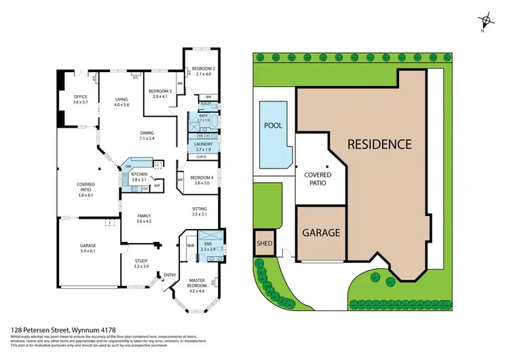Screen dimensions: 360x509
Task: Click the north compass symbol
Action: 485,22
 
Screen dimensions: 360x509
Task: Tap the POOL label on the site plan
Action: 272,126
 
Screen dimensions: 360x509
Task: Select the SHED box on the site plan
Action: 263,243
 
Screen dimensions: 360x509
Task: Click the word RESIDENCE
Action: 379,144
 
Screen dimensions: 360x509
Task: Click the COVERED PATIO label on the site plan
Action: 313,179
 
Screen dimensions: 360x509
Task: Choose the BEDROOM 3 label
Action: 161,94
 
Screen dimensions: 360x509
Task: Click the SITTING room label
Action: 200,211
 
